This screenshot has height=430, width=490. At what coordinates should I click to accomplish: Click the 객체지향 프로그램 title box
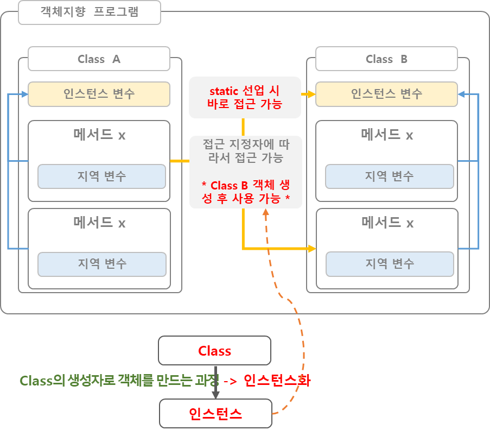[90, 12]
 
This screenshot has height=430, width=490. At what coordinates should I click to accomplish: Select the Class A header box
[99, 59]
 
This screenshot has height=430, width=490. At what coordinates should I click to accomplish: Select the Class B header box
[386, 59]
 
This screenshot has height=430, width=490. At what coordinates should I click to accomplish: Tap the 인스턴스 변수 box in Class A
[99, 94]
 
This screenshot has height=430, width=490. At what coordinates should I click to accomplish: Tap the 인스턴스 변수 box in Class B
[386, 94]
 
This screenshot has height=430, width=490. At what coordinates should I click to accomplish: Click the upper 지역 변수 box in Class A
[101, 176]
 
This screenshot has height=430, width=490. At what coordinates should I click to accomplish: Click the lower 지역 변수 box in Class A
[101, 264]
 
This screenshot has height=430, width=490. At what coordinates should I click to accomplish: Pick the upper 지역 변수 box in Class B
[389, 176]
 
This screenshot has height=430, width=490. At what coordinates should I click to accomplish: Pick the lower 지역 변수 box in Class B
[389, 264]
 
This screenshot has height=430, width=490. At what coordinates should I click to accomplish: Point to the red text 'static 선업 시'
[244, 91]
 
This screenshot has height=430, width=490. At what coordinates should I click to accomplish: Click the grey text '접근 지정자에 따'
[244, 144]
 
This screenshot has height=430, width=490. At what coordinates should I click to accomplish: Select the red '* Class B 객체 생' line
[244, 185]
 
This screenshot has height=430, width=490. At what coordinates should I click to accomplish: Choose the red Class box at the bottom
[214, 351]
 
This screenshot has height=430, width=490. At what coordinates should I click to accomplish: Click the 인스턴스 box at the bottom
[215, 414]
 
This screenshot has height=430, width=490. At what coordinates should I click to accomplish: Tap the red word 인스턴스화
[277, 380]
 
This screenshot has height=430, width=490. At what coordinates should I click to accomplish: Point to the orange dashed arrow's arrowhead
[266, 214]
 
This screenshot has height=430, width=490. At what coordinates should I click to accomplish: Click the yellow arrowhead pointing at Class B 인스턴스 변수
[311, 94]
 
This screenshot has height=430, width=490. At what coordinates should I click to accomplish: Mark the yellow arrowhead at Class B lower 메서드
[312, 249]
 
